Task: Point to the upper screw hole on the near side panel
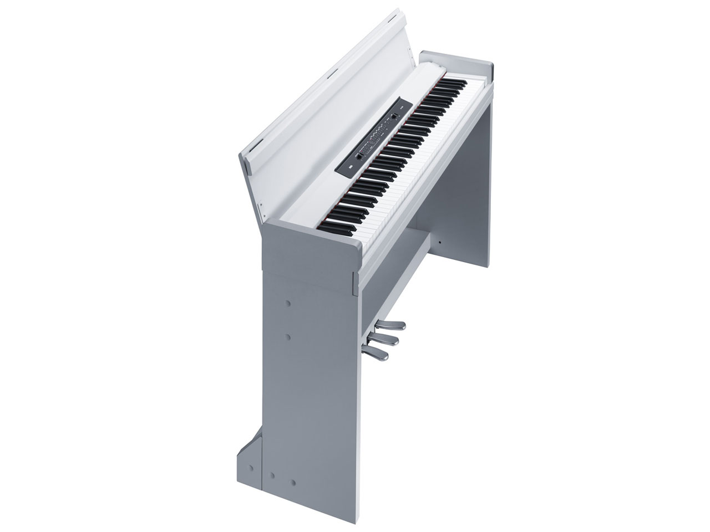pyautogui.click(x=288, y=304)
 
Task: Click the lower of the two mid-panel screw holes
pyautogui.click(x=288, y=336)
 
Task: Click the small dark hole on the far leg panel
pyautogui.click(x=439, y=242)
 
